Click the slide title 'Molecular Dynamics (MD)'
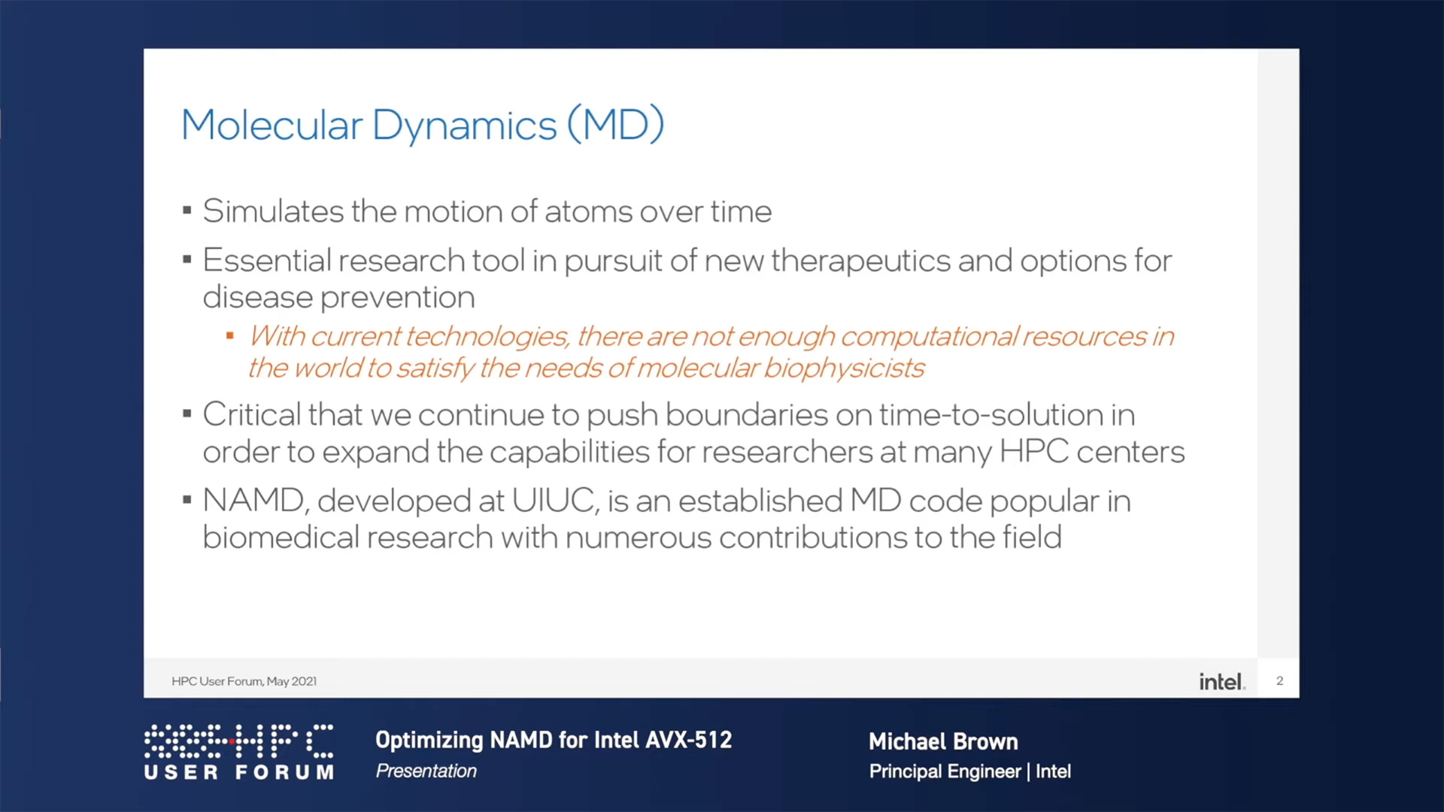tap(423, 125)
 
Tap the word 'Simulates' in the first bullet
tap(273, 211)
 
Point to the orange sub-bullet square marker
tap(230, 335)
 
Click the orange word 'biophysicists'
tap(844, 368)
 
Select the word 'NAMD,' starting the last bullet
tap(254, 501)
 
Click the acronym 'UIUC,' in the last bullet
tap(556, 501)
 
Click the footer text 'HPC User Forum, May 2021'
tap(244, 681)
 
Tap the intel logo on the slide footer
tap(1221, 681)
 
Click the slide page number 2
tap(1279, 680)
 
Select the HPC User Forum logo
tap(239, 752)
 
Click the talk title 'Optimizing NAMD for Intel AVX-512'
tap(554, 740)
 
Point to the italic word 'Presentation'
tap(426, 771)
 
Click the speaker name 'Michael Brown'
tap(943, 741)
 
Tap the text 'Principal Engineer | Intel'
tap(969, 771)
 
